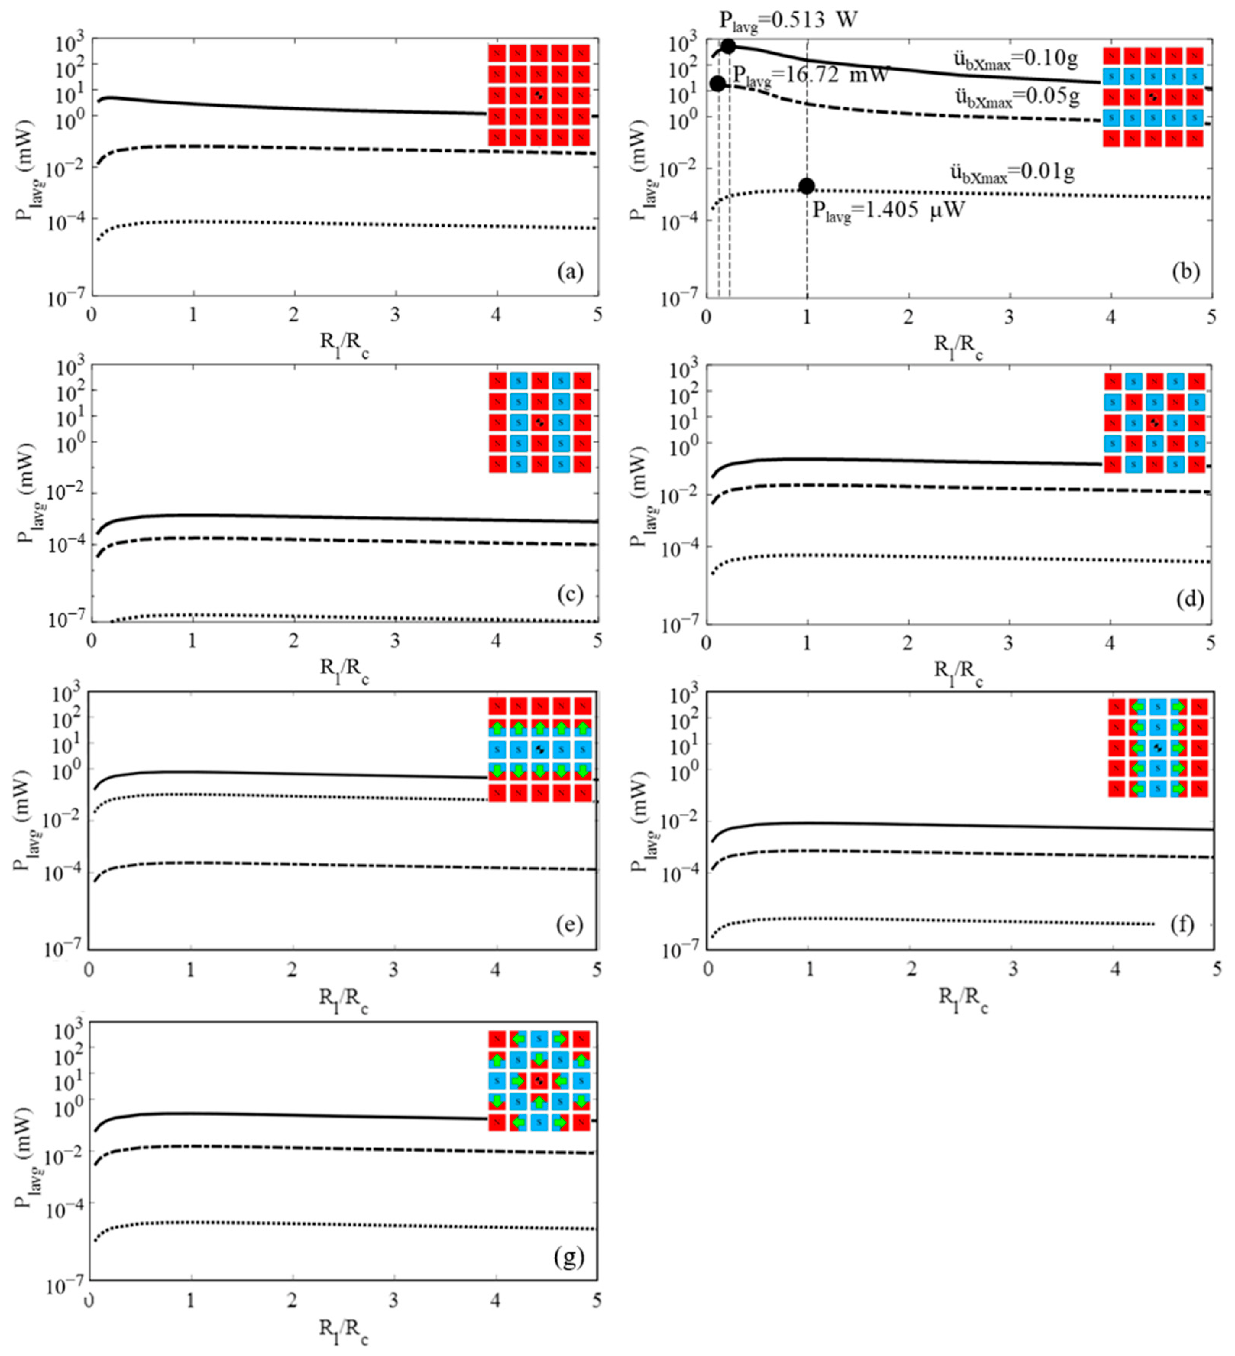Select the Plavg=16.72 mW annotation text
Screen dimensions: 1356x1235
tap(811, 75)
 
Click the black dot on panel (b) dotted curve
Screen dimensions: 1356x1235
tap(807, 186)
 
